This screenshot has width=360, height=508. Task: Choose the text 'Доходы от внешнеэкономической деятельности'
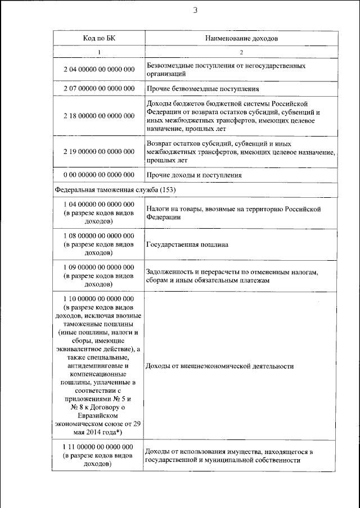(x=219, y=366)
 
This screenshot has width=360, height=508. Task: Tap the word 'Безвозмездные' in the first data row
(x=168, y=66)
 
